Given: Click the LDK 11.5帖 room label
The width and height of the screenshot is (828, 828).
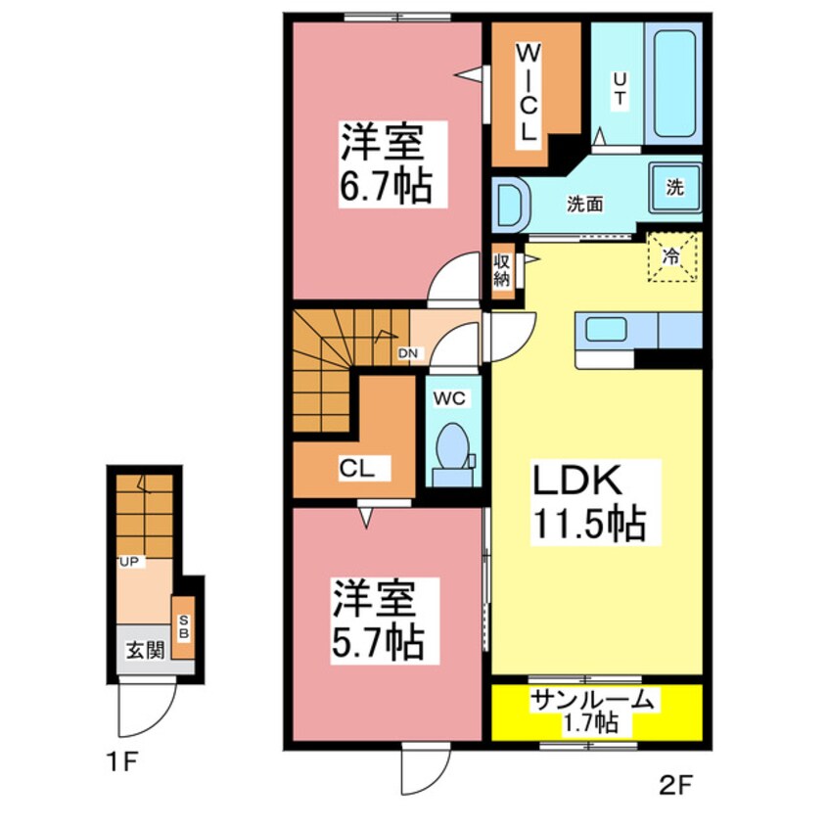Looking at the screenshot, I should coord(588,501).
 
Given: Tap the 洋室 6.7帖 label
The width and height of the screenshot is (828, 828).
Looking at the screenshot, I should coord(385,162).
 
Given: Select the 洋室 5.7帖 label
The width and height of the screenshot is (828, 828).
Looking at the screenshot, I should coord(377,620).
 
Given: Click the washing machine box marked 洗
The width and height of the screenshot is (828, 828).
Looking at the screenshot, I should coord(675,189).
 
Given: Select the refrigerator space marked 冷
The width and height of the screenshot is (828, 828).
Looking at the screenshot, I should coord(671,257).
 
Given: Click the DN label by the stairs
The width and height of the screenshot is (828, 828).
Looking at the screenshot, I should coord(408,354).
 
